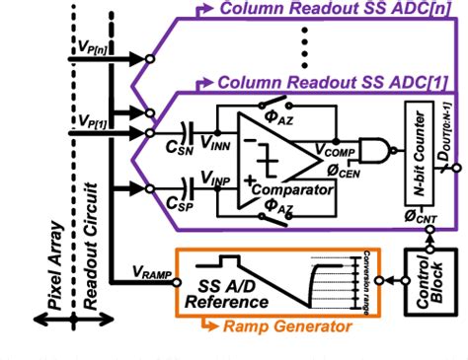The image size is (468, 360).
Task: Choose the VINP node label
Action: [219, 180]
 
